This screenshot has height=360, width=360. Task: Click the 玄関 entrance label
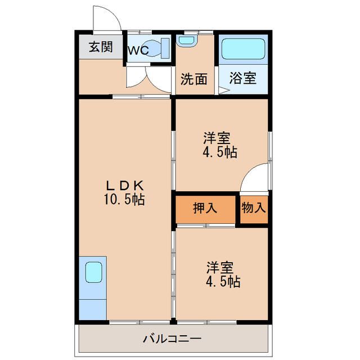[x=101, y=47]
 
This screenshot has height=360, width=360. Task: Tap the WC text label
[x=138, y=50]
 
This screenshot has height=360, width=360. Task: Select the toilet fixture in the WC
[x=157, y=48]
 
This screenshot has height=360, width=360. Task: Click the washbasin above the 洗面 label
[x=187, y=40]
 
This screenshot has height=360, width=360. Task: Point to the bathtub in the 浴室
[x=244, y=49]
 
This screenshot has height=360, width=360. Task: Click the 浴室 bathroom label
[x=243, y=78]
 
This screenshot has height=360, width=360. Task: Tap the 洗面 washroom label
[x=194, y=79]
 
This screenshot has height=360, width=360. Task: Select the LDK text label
[x=125, y=186]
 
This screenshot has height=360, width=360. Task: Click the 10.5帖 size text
[x=124, y=199]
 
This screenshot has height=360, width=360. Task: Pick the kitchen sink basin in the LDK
[x=93, y=272]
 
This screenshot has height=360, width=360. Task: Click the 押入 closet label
[x=205, y=208]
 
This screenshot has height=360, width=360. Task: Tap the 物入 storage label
[x=254, y=208]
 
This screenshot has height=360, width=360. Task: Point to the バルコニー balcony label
[x=172, y=339]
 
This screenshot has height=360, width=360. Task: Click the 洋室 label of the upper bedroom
[x=217, y=138]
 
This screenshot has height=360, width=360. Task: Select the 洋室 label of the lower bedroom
[x=220, y=268]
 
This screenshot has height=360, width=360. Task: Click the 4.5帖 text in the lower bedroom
[x=223, y=282]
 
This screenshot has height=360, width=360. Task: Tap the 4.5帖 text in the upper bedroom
[x=220, y=152]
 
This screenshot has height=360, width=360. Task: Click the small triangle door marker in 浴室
[x=223, y=91]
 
